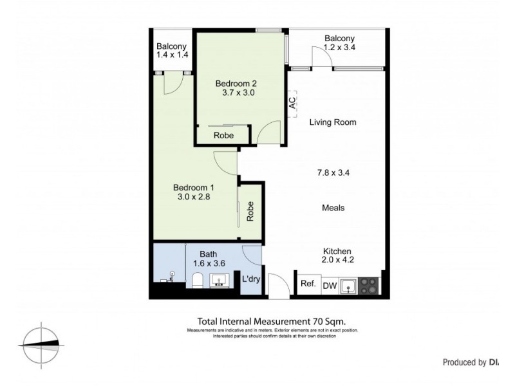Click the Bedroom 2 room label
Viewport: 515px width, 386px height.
click(x=236, y=83)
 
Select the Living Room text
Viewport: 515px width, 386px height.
click(x=332, y=122)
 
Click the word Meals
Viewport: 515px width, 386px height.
click(x=333, y=208)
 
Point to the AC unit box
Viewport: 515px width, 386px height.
click(x=292, y=104)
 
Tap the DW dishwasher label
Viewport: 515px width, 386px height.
click(x=329, y=286)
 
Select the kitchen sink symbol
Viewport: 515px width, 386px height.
click(x=348, y=286)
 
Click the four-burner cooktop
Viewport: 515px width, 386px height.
click(x=370, y=286)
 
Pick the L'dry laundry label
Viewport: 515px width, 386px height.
click(x=250, y=279)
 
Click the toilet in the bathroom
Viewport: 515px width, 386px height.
click(x=198, y=280)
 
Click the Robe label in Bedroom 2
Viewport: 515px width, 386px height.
click(x=223, y=136)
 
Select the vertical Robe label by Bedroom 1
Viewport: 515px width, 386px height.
click(x=250, y=212)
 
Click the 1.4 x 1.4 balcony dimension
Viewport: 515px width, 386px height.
click(x=172, y=56)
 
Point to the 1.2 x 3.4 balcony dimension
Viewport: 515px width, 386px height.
click(x=340, y=48)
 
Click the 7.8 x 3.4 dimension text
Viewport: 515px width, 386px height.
click(x=333, y=172)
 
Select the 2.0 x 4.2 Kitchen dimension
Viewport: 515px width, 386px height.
click(x=337, y=260)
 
